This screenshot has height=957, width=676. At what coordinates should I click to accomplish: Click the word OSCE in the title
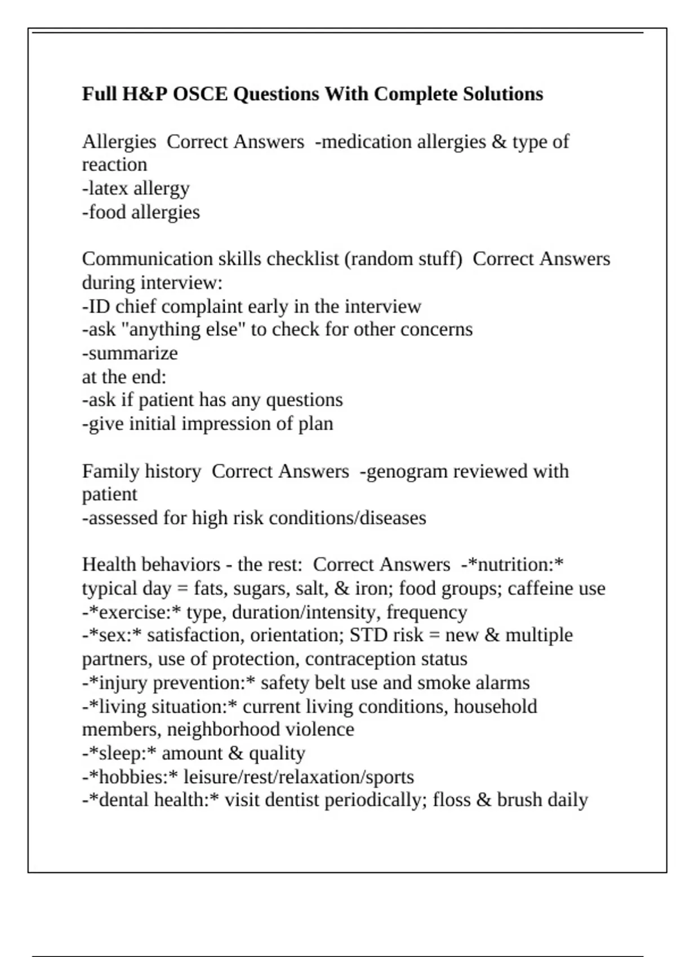click(x=200, y=93)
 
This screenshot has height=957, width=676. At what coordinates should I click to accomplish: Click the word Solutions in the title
click(x=503, y=93)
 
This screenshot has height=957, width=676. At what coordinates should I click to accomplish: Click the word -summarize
click(x=130, y=353)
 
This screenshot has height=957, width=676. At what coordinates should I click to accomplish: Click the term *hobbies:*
click(x=133, y=777)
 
